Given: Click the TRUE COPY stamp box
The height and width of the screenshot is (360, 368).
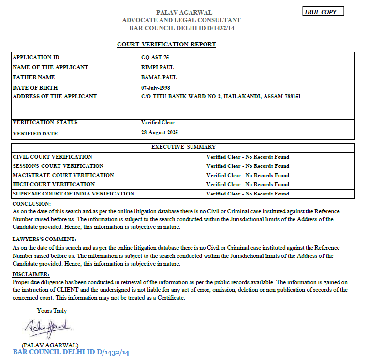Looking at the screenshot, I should tap(323, 12).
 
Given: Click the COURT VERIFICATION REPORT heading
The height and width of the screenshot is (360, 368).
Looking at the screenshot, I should tap(166, 45).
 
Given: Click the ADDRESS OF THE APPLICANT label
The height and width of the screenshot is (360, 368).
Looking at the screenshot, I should tap(55, 96).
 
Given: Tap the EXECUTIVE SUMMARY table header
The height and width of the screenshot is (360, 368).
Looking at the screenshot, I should tap(184, 147).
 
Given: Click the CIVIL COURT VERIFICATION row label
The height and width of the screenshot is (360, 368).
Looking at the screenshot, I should tap(52, 157).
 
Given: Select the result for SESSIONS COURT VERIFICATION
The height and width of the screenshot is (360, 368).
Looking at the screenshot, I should tap(248, 166).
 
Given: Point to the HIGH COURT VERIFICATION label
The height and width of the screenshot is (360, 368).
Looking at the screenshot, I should tap(54, 184).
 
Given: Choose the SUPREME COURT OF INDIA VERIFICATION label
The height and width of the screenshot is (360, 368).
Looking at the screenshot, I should tap(74, 194).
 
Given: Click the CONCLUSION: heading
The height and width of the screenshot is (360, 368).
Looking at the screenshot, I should tap(31, 204).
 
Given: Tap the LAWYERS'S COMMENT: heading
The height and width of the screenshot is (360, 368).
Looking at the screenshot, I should tap(44, 240).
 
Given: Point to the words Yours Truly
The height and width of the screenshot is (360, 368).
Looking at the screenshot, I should tap(52, 311).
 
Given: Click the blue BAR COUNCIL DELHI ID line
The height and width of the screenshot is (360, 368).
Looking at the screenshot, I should tap(71, 352).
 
